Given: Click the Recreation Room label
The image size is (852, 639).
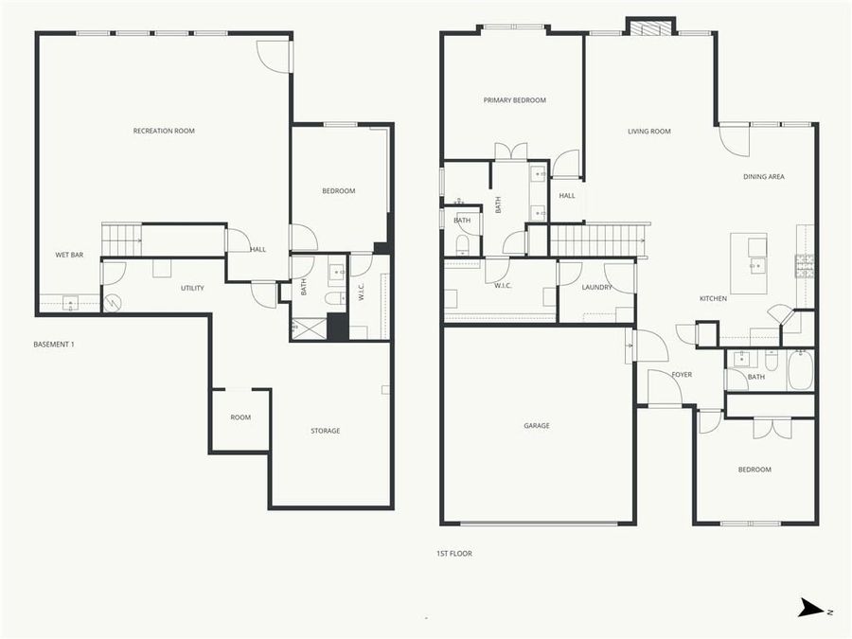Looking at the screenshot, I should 164,131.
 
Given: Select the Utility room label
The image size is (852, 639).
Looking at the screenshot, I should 192,288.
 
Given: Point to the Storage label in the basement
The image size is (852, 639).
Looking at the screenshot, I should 325,431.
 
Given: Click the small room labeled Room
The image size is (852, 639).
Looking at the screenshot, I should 240,417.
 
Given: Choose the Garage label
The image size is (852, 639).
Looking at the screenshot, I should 536,426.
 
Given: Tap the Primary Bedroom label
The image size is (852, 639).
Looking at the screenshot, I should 514,100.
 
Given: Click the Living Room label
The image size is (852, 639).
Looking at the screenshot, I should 648,132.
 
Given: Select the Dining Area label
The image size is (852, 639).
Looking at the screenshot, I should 763,176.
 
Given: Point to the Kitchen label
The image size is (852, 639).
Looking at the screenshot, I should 713,298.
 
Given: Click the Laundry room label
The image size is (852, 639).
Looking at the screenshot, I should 596,287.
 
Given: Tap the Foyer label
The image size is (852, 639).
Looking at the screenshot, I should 682,375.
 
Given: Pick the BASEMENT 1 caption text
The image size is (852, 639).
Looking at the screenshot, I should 53,345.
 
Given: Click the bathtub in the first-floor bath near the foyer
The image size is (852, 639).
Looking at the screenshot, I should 801,370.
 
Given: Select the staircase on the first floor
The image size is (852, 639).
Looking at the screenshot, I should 596,240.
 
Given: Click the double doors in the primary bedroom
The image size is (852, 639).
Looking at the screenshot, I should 511,151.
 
